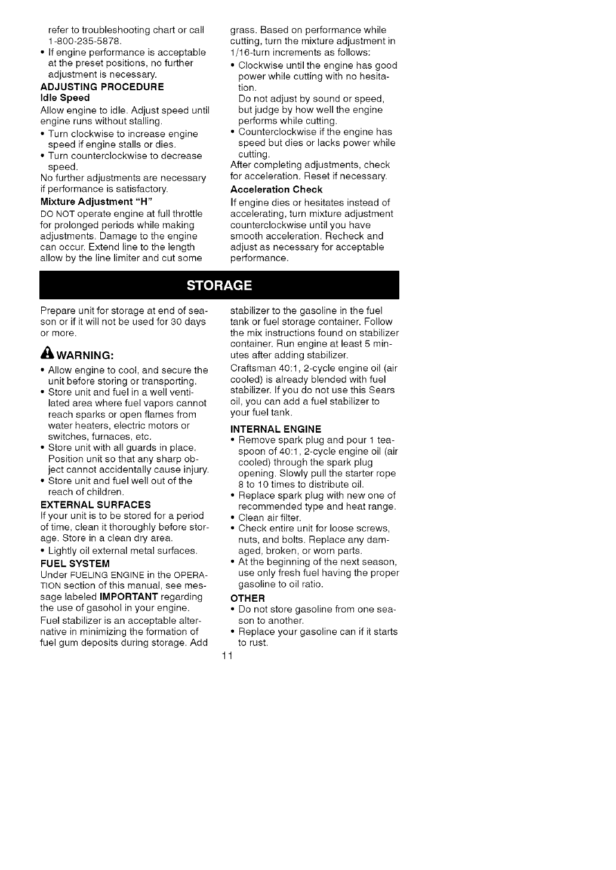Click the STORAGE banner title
point(219,285)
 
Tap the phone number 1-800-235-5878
point(85,41)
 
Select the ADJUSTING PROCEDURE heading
point(102,86)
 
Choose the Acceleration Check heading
point(276,189)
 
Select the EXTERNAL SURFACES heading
point(96,504)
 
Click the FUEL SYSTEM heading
point(75,563)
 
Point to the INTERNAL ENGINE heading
point(276,428)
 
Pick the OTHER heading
point(247,598)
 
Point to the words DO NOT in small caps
point(58,214)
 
